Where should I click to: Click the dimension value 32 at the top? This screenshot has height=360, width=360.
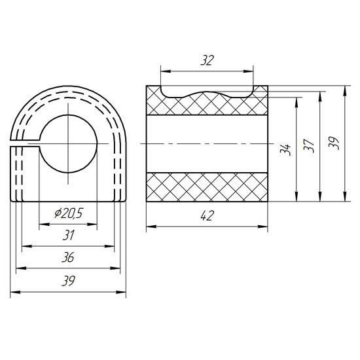coord(207,60)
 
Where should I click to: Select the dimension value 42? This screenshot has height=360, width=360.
coord(207,215)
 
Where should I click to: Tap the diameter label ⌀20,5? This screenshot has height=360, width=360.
coord(69,213)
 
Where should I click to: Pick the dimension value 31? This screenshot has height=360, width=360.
coord(69,235)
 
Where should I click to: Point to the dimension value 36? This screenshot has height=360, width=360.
coord(68,257)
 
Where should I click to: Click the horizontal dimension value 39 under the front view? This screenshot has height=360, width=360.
coord(69,281)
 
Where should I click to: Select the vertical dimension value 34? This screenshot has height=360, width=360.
coord(285,149)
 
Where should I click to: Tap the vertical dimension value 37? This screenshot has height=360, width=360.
coord(308,145)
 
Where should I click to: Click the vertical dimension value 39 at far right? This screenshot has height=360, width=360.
coord(334,143)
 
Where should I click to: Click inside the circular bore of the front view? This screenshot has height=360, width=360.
coord(68,144)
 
